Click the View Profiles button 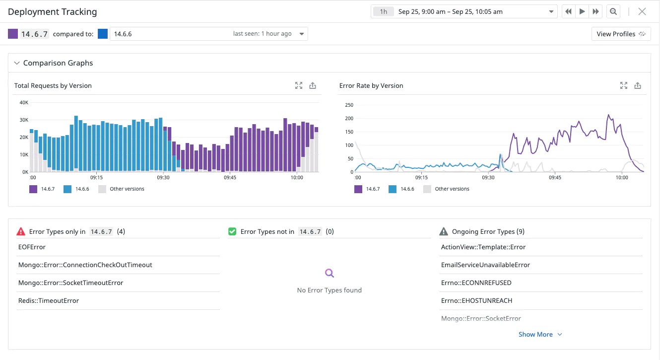[x=621, y=34]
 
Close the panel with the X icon [x=642, y=11]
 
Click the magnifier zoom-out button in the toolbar [x=613, y=11]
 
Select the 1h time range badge [x=384, y=11]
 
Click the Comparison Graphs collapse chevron [x=17, y=63]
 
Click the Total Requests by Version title [x=53, y=85]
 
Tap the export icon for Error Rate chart [x=638, y=85]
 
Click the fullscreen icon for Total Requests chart [x=298, y=85]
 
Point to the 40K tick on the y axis [x=24, y=102]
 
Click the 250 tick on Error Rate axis [x=348, y=105]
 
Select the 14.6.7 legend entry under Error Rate [x=367, y=189]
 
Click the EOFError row [x=32, y=247]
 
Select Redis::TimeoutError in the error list [x=49, y=300]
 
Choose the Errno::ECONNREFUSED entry [x=476, y=283]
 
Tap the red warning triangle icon [x=21, y=231]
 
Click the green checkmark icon [x=232, y=231]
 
